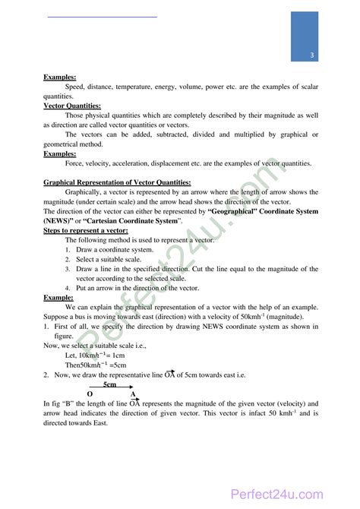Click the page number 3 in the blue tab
pyautogui.click(x=312, y=58)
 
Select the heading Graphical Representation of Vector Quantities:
pyautogui.click(x=117, y=182)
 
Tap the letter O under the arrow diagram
pyautogui.click(x=90, y=394)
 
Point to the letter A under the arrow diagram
pyautogui.click(x=133, y=394)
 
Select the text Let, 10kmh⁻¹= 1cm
pyautogui.click(x=96, y=355)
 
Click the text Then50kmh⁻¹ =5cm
pyautogui.click(x=96, y=365)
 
